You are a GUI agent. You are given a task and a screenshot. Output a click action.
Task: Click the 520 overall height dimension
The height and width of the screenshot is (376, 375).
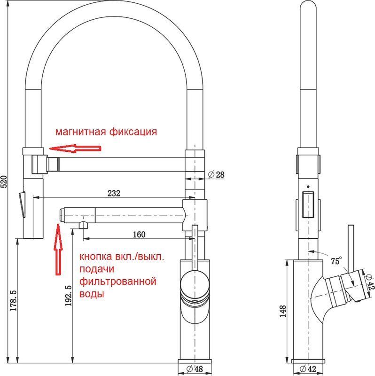4,181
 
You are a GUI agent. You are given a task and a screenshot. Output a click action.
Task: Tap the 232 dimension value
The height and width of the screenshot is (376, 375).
114,193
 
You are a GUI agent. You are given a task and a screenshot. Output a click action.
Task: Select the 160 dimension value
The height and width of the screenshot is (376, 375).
139,234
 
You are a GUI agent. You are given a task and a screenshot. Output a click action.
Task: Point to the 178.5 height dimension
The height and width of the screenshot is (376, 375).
13,300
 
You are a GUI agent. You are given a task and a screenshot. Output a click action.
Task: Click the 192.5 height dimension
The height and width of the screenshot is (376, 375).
68,296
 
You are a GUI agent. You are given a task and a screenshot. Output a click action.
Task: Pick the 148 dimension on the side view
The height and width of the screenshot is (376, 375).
283,311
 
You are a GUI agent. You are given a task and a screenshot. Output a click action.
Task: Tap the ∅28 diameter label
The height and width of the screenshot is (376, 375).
216,174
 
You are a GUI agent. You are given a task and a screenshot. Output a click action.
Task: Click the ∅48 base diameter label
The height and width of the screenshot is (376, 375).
195,368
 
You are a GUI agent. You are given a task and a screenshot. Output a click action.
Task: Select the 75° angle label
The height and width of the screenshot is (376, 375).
336,261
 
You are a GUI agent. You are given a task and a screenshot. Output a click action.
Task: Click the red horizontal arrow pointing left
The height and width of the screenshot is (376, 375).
75,149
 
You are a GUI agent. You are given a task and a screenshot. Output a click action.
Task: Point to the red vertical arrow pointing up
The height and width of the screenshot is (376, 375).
58,250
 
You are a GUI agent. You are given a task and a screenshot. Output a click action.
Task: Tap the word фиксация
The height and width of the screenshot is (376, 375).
133,132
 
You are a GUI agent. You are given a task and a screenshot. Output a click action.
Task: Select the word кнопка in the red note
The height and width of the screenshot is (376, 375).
96,257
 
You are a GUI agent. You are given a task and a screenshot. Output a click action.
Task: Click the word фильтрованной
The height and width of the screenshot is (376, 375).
118,281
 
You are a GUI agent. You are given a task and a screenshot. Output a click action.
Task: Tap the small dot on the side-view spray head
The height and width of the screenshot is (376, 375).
308,186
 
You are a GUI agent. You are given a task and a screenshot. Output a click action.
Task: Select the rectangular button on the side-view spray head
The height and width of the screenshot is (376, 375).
308,204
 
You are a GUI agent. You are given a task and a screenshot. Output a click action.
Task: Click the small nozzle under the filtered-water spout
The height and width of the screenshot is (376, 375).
84,225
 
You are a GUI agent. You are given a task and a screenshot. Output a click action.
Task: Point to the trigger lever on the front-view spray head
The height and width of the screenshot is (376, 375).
22,204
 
